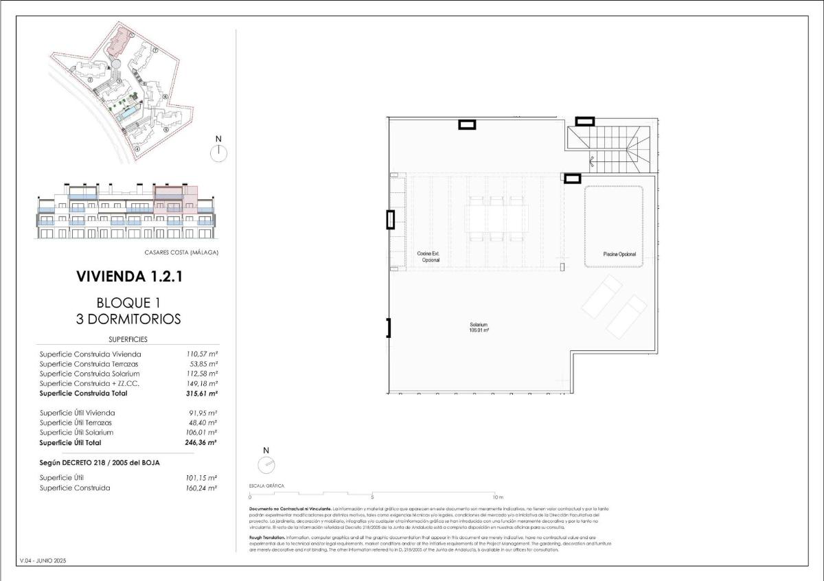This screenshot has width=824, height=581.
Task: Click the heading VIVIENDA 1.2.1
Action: (129, 277)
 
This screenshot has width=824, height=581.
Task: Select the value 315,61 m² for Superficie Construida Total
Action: (203, 394)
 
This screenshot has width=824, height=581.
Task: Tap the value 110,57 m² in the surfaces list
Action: (203, 354)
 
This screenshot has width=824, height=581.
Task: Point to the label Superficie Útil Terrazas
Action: (76, 423)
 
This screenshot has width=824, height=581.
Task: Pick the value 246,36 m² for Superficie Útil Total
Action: (203, 443)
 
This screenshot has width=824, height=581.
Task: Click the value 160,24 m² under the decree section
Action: (203, 488)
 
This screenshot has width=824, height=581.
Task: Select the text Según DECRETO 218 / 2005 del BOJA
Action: (100, 463)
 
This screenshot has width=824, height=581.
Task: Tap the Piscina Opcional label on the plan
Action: (619, 254)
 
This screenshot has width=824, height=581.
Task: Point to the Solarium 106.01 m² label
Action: (479, 327)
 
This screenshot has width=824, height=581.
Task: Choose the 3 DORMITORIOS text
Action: (129, 319)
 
